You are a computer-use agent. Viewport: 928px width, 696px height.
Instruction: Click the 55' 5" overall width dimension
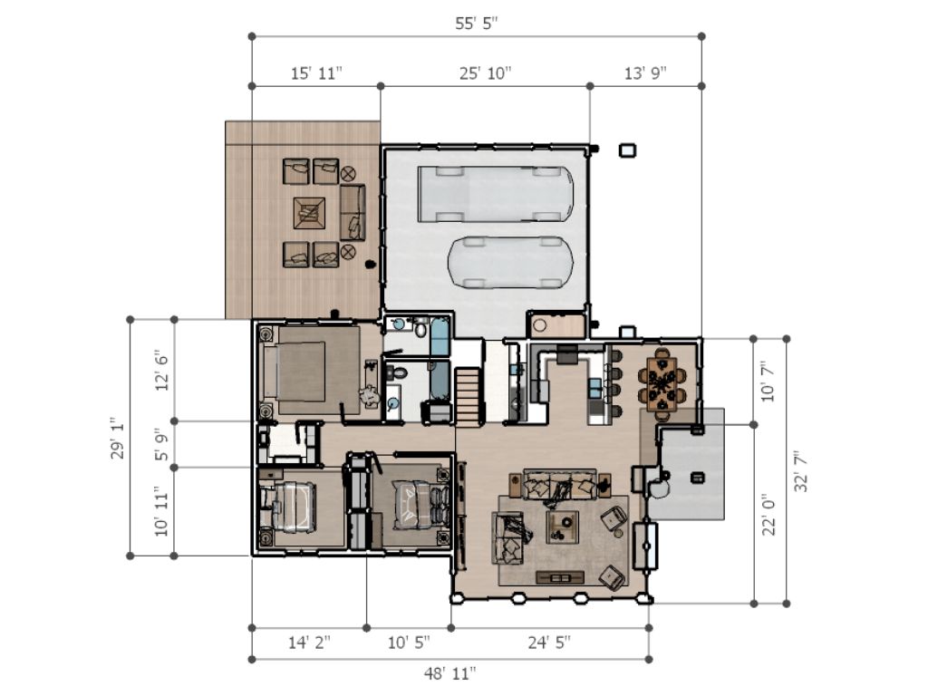coord(477,23)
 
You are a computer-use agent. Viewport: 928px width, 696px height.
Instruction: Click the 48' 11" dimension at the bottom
coord(449,673)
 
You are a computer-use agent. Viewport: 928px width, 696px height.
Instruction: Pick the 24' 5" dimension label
coord(549,643)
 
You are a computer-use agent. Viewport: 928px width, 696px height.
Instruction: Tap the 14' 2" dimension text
coord(309,643)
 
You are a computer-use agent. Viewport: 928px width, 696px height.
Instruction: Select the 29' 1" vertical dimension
coord(118,438)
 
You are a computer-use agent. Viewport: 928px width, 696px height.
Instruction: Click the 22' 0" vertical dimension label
coord(768,515)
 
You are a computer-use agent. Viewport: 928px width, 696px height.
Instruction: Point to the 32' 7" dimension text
coord(801,471)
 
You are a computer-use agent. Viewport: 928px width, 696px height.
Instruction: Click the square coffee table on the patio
coord(310,213)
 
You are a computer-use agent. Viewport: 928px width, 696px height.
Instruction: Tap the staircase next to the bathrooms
coord(469,395)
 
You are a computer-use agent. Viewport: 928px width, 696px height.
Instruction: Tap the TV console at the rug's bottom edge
coord(560,577)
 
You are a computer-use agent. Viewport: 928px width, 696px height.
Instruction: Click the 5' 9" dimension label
coord(161,444)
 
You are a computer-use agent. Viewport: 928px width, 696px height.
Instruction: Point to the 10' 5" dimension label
coord(409,643)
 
